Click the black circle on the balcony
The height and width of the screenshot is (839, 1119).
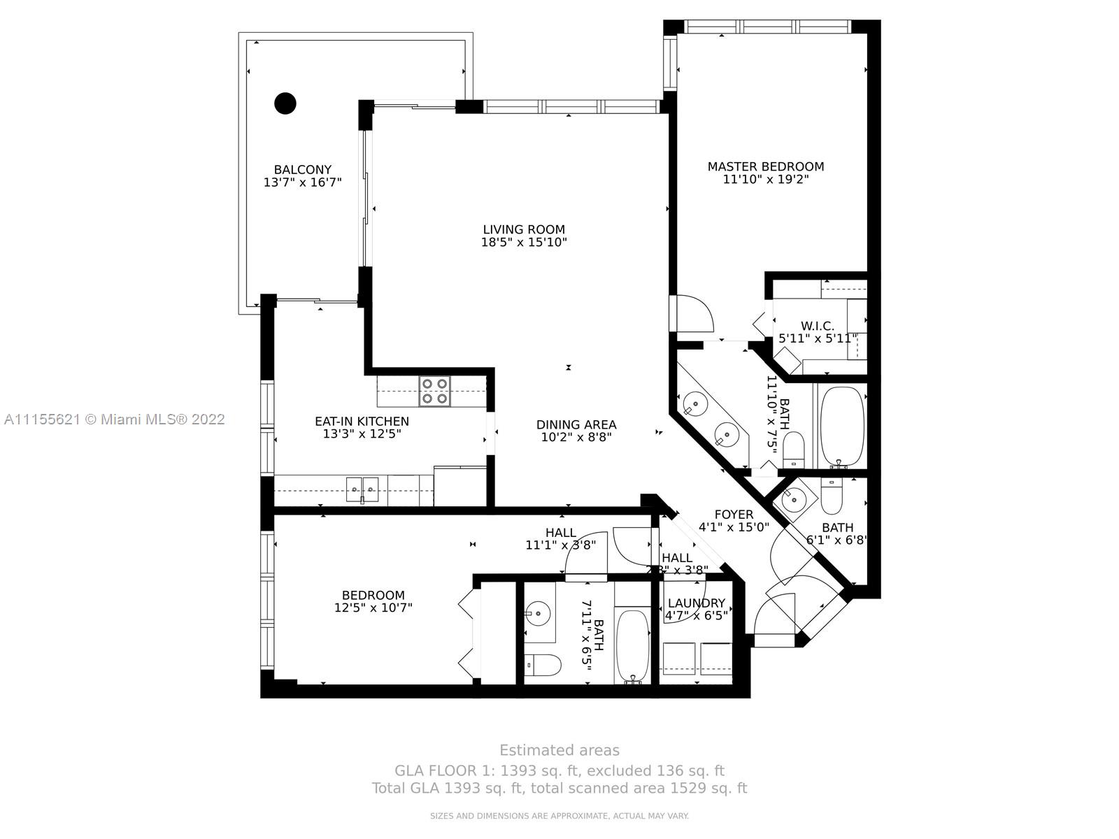click(285, 103)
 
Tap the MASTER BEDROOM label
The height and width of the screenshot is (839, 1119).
click(766, 166)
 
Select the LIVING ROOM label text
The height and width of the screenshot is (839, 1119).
click(524, 229)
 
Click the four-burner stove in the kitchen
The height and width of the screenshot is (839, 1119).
click(434, 392)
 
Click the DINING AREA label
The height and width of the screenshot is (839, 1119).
click(576, 424)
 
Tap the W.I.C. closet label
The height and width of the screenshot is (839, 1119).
click(818, 326)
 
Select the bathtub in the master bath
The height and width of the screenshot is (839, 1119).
click(842, 426)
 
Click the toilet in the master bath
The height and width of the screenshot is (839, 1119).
click(794, 450)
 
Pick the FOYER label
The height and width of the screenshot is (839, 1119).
click(734, 515)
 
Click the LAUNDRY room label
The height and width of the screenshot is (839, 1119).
click(696, 603)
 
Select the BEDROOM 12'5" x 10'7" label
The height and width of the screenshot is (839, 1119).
click(373, 596)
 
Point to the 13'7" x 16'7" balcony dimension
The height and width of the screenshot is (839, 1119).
click(302, 182)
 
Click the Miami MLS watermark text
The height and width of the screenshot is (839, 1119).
click(114, 419)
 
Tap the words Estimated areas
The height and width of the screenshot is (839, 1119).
click(559, 750)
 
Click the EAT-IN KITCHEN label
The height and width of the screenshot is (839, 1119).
click(362, 421)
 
